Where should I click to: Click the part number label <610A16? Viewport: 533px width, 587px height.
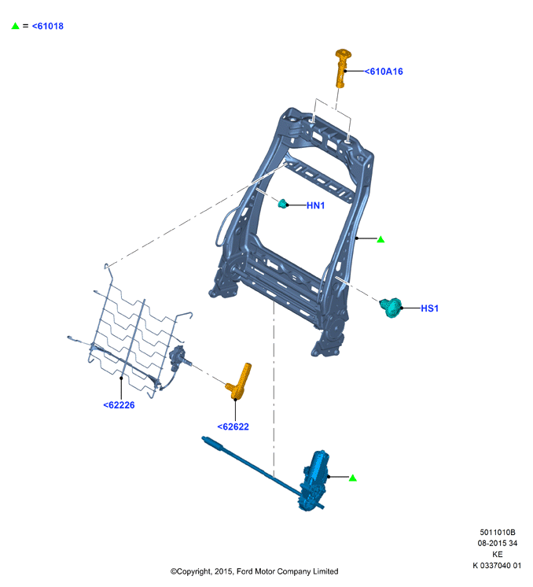[x=384, y=72]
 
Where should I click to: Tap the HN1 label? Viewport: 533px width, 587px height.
[x=315, y=205]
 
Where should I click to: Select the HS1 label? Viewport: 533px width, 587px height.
[x=429, y=308]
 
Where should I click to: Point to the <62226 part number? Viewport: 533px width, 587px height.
[x=119, y=405]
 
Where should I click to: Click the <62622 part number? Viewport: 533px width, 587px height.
[x=233, y=426]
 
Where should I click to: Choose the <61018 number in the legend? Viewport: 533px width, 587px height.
[x=47, y=26]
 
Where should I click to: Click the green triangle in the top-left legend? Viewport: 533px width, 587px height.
[x=16, y=26]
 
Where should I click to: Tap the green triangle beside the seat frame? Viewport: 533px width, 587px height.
[x=380, y=239]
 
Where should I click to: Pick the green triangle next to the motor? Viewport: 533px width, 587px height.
[x=353, y=478]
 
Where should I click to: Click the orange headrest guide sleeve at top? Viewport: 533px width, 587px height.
[x=341, y=68]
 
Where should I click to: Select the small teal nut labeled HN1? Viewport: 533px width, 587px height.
[x=283, y=204]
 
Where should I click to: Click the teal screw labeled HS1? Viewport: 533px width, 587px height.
[x=391, y=308]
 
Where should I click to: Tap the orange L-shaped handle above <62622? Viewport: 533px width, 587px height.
[x=240, y=382]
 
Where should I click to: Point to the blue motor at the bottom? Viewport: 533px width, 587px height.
[x=314, y=481]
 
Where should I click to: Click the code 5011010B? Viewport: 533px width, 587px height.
[x=498, y=533]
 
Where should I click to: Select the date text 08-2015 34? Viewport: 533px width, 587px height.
[x=498, y=543]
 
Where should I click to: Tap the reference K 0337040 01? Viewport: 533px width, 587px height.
[x=497, y=565]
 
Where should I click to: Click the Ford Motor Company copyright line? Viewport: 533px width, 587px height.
[x=255, y=571]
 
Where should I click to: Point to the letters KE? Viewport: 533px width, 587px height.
[x=498, y=555]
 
